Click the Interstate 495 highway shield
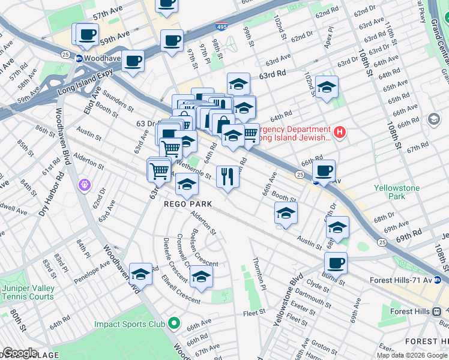click(221, 27)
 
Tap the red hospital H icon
click(340, 132)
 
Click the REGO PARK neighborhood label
click(188, 204)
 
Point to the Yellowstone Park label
click(397, 192)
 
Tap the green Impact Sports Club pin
click(174, 324)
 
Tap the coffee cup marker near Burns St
click(336, 262)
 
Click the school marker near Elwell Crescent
click(201, 276)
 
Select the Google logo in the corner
click(20, 353)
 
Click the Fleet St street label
click(255, 312)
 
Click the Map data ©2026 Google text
click(412, 355)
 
